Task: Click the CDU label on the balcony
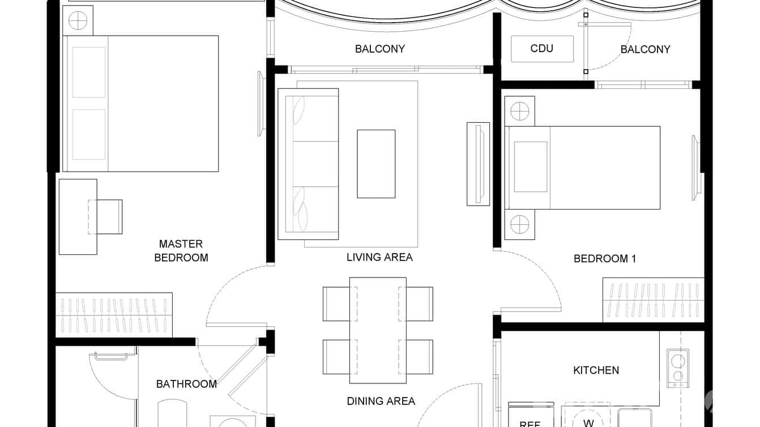pos(542,49)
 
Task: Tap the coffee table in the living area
pos(376,164)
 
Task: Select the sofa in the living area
pos(308,164)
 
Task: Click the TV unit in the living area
pos(478,164)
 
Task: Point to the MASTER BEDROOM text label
pos(181,251)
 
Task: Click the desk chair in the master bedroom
pos(108,217)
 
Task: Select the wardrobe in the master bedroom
pos(114,315)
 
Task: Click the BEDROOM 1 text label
pos(605,259)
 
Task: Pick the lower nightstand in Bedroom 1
pos(519,224)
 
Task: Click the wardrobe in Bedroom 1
pos(653,300)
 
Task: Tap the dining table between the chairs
pos(378,326)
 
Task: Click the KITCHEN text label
pos(596,370)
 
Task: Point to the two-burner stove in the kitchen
pos(678,368)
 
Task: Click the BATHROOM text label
pos(186,384)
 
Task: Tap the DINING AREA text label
pos(381,402)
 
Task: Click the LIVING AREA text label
pos(379,257)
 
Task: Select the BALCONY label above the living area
pos(380,49)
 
